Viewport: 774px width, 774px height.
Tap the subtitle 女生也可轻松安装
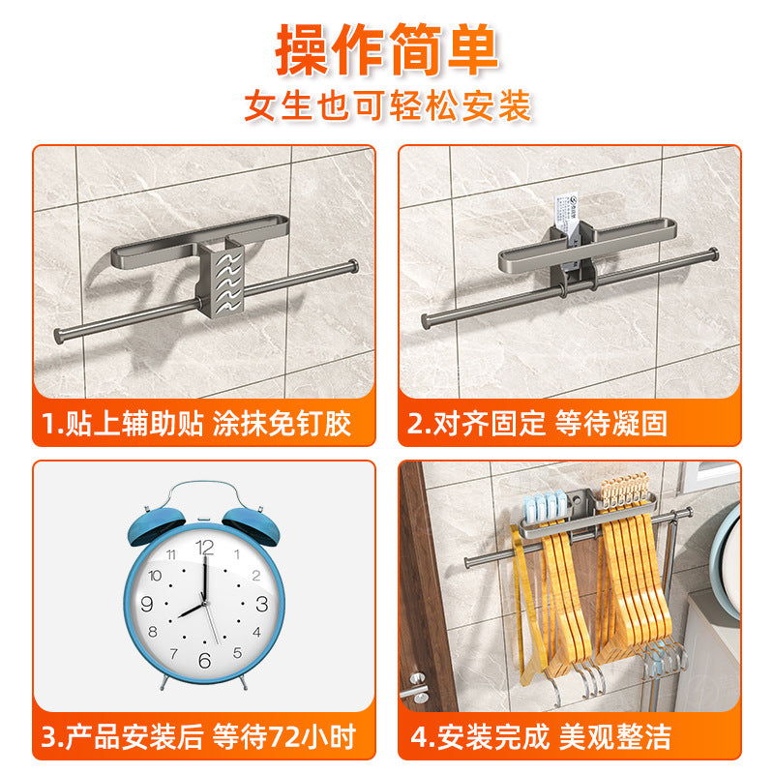tap(387, 105)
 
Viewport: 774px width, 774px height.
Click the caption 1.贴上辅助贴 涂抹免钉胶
tap(196, 423)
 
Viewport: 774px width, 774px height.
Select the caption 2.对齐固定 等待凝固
tap(538, 423)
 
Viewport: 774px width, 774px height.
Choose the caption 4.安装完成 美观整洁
tap(541, 736)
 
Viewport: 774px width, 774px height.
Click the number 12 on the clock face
tap(204, 548)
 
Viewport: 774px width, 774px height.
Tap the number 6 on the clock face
tap(204, 660)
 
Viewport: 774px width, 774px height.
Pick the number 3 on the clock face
tap(261, 604)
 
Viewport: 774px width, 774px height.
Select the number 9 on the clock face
tap(147, 604)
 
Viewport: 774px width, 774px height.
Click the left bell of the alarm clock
tap(153, 522)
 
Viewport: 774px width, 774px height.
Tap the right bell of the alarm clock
tap(254, 522)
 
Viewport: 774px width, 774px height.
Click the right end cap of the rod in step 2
tap(714, 253)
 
